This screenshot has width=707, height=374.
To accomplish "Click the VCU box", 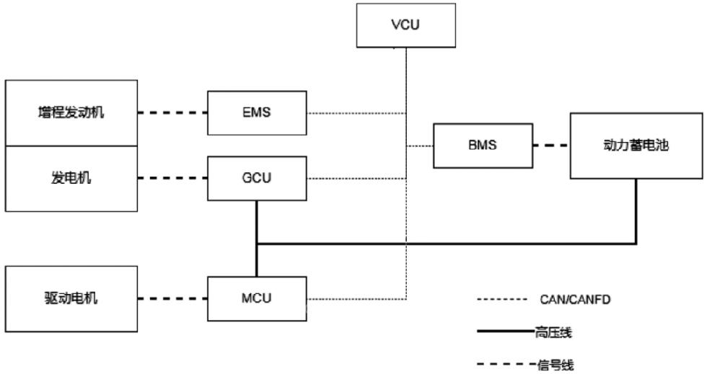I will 406,26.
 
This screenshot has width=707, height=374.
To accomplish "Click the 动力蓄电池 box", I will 636,146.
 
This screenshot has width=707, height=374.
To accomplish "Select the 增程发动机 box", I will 70,113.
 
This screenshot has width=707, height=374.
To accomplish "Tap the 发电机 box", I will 70,178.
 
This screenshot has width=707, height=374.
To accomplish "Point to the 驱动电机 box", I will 70,298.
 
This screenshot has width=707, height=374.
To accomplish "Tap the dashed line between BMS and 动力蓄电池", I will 550,146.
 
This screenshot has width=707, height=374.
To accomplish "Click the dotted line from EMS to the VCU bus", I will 356,113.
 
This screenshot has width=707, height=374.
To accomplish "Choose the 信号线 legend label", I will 555,365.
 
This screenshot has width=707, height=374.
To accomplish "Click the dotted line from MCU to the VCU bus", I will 356,298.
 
